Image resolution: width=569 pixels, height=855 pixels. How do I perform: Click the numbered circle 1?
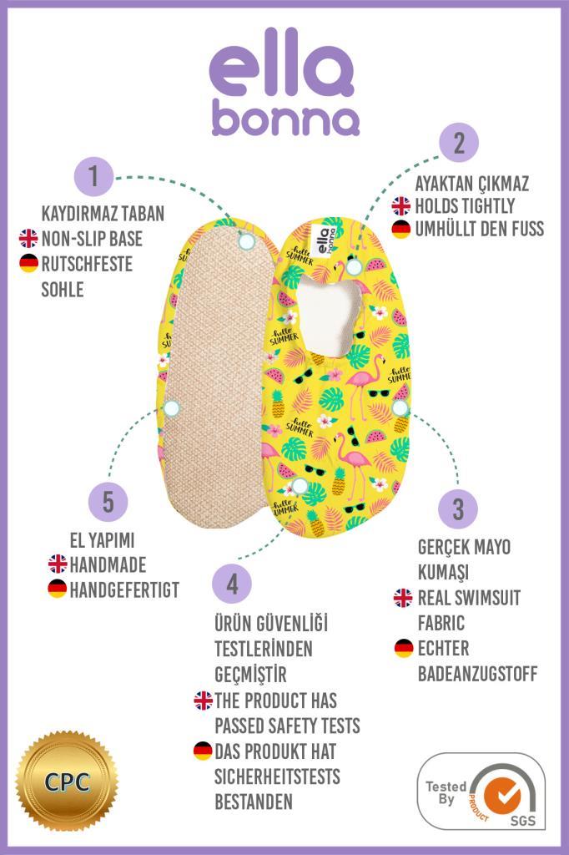94,176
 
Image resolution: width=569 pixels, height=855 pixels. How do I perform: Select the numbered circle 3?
458,508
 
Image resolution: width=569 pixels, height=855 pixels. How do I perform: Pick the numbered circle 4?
232,584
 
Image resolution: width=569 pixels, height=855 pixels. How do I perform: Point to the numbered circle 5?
108,502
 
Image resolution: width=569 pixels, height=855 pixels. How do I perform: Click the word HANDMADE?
108,564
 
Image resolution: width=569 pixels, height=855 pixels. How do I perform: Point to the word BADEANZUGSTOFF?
477,673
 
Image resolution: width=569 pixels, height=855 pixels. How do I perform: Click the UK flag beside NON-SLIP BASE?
28,239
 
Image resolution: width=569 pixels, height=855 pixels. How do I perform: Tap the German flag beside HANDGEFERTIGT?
57,589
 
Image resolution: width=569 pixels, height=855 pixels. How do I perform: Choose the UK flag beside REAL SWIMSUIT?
403,597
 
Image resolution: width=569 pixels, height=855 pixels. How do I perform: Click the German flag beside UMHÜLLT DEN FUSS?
401,229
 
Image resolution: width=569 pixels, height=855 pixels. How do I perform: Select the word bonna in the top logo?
285,119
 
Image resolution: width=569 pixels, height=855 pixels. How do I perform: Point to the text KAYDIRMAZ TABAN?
103,213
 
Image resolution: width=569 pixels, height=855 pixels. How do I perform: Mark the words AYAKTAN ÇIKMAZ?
472,183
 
